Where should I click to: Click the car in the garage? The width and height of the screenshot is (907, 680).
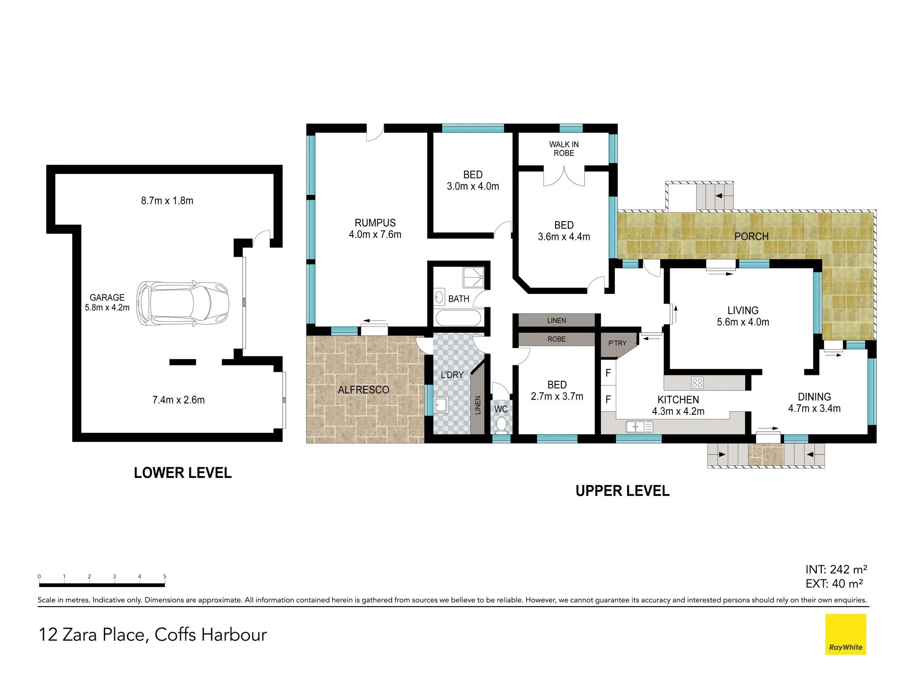point(183,303)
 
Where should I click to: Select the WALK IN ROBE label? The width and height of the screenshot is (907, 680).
point(564,149)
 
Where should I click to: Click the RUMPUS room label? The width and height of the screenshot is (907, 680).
point(375,223)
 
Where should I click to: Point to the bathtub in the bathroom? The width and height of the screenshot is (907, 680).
point(458,318)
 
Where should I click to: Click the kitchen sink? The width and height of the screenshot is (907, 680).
point(639,427)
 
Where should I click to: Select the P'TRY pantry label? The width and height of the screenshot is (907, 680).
point(617,343)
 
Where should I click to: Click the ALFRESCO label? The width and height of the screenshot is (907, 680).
point(363,390)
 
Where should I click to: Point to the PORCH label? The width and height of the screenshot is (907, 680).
point(751,237)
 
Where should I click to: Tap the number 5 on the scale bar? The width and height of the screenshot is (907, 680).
point(165,577)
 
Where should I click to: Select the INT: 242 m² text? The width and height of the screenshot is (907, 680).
point(836,569)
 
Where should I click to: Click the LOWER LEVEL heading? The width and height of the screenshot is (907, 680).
point(183,473)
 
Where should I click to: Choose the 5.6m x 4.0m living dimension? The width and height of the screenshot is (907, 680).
point(743,322)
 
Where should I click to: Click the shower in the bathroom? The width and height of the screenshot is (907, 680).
point(473,277)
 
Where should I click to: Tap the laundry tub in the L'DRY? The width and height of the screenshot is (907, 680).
point(441,405)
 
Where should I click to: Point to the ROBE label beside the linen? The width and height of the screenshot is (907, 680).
point(556,339)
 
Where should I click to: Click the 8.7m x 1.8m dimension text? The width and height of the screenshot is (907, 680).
point(167,201)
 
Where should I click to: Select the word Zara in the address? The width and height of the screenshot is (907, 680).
point(80,635)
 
